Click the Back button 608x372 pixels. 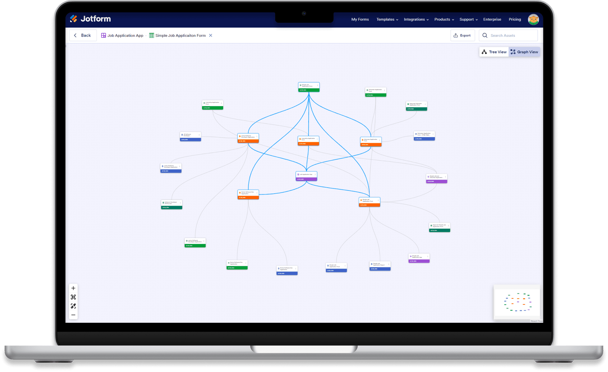[83, 35]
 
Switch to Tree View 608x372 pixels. [494, 52]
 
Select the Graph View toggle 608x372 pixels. [524, 52]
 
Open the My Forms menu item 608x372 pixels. [360, 19]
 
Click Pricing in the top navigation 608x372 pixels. [515, 19]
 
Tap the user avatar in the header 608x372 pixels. [533, 19]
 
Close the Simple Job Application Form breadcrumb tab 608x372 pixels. [211, 35]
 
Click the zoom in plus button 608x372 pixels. [73, 288]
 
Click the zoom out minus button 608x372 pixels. [73, 315]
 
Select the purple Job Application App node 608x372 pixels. [306, 176]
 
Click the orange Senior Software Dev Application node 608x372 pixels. [248, 194]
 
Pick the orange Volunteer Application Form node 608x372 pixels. [371, 141]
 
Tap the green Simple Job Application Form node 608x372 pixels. [309, 87]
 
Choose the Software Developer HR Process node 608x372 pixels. [172, 204]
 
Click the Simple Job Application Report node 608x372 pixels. [380, 266]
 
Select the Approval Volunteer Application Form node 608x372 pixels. [416, 106]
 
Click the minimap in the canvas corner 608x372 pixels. [517, 302]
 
